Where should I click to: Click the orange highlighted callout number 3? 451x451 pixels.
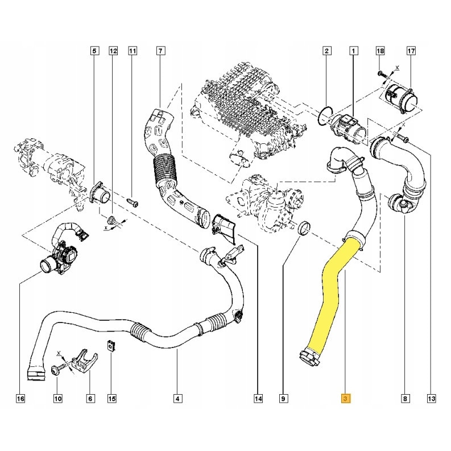[x=345, y=399]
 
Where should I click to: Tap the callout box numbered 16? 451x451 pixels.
[x=20, y=399]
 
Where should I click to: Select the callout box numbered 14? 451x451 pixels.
[x=258, y=399]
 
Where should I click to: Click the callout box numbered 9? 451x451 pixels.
[x=283, y=399]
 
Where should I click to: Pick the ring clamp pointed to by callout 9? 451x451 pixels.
[x=304, y=230]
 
